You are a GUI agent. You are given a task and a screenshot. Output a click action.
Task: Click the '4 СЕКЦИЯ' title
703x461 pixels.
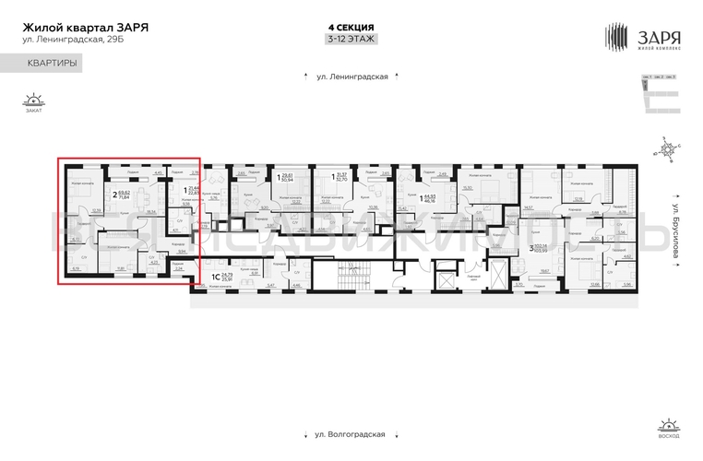point(351,27)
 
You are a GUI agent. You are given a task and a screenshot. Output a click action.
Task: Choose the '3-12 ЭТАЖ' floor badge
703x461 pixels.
point(351,40)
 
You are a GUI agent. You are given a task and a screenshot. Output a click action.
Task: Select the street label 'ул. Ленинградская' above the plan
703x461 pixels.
point(351,78)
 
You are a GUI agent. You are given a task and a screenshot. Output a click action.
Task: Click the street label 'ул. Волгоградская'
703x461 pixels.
point(351,433)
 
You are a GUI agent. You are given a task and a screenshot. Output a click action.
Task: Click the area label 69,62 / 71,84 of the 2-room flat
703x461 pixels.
point(121,195)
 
